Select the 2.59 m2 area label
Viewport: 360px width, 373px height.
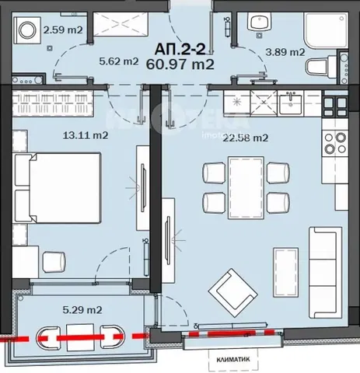click(x=65, y=30)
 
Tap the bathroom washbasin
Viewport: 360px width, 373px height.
click(x=253, y=25)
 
